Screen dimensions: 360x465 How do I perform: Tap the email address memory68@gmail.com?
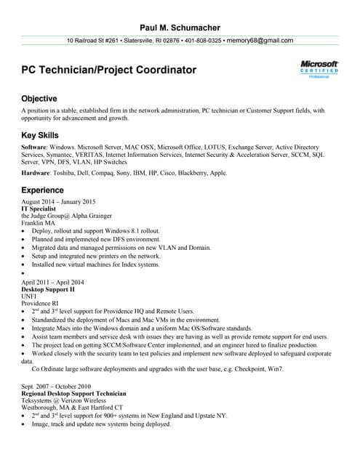click(x=260, y=41)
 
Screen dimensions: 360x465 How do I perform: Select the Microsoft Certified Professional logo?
click(x=319, y=70)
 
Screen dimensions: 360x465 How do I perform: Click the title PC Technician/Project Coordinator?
click(x=109, y=70)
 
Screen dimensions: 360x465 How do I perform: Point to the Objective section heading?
click(x=39, y=98)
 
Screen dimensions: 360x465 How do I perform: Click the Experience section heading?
click(x=43, y=190)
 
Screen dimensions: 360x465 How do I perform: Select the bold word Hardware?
click(x=36, y=173)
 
